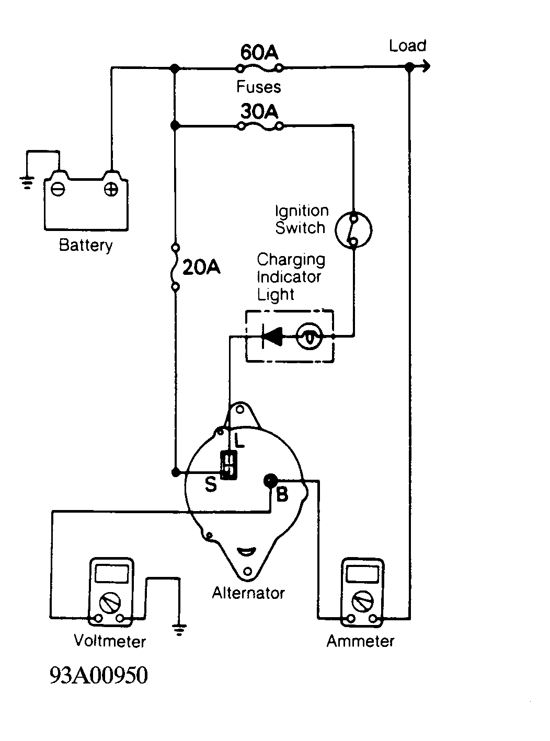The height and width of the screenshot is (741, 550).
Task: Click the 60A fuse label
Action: (259, 52)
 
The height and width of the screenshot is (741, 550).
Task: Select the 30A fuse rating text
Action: (259, 111)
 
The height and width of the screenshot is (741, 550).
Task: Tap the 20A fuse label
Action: (201, 267)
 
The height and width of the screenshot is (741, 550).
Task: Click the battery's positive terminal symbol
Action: (111, 190)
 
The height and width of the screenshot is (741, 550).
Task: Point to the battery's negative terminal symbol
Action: (58, 189)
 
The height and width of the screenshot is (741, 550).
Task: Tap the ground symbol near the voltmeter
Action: (179, 629)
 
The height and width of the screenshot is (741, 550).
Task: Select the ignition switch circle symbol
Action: (353, 230)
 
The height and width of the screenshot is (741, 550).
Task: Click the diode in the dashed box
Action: (272, 336)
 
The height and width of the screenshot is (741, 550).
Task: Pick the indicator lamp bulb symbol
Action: (310, 337)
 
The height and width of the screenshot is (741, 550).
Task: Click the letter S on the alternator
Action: (211, 484)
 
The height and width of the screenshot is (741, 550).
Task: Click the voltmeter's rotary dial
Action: (110, 603)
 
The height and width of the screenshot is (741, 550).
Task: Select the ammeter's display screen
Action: (362, 574)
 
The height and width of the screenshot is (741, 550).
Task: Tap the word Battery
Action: (86, 246)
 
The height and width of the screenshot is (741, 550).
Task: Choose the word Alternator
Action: (248, 593)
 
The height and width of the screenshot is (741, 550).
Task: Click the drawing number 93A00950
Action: (99, 675)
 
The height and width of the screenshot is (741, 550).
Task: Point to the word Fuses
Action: (259, 87)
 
